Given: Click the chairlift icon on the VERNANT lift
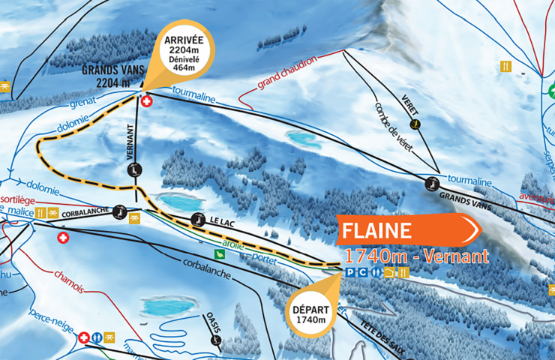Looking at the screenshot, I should click(x=132, y=170).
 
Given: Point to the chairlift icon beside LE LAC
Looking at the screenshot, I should click(x=197, y=219).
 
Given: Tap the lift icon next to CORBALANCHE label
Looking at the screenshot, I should click(x=118, y=212).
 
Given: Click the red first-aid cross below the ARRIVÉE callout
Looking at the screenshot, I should click(x=146, y=100).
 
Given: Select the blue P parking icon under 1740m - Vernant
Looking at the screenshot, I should click(x=349, y=272).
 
